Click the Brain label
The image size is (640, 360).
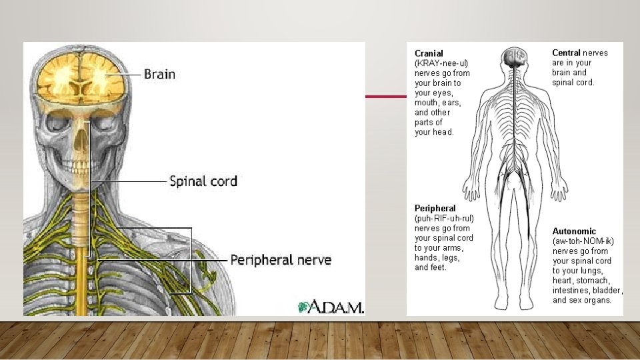(x=159, y=74)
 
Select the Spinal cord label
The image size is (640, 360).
(x=203, y=181)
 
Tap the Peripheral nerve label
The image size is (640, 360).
(x=280, y=259)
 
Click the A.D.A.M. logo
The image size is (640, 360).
(x=331, y=307)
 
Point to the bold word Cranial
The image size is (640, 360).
(x=429, y=53)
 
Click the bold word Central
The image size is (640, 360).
(x=567, y=53)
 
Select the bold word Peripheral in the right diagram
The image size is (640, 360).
(x=435, y=209)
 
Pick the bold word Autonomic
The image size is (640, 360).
(x=574, y=231)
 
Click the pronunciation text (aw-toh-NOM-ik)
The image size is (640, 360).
(x=583, y=241)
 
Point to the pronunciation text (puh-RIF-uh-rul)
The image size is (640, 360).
(x=444, y=218)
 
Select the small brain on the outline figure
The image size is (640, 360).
(x=515, y=57)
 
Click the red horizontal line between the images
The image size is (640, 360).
(x=385, y=97)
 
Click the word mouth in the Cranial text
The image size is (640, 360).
(x=427, y=103)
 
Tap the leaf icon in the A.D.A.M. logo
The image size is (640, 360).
(x=304, y=307)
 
